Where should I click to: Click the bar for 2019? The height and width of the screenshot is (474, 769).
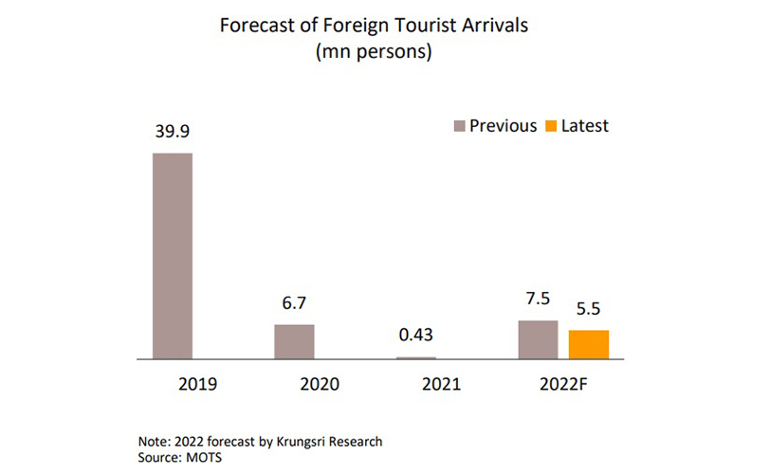click(x=173, y=256)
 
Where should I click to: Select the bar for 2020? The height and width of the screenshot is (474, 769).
click(x=294, y=341)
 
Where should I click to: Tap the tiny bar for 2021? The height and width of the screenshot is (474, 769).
click(x=415, y=357)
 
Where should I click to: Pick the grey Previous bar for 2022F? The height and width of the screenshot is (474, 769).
click(x=538, y=339)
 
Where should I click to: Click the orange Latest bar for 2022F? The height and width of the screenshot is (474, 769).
click(x=588, y=344)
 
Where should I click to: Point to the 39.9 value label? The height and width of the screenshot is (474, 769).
click(x=173, y=133)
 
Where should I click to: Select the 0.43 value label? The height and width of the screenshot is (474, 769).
click(x=415, y=336)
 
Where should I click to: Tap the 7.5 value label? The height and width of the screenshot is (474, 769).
click(x=538, y=301)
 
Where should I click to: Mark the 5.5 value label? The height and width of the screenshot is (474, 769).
click(x=589, y=309)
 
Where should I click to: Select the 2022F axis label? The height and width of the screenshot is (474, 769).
click(x=562, y=386)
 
